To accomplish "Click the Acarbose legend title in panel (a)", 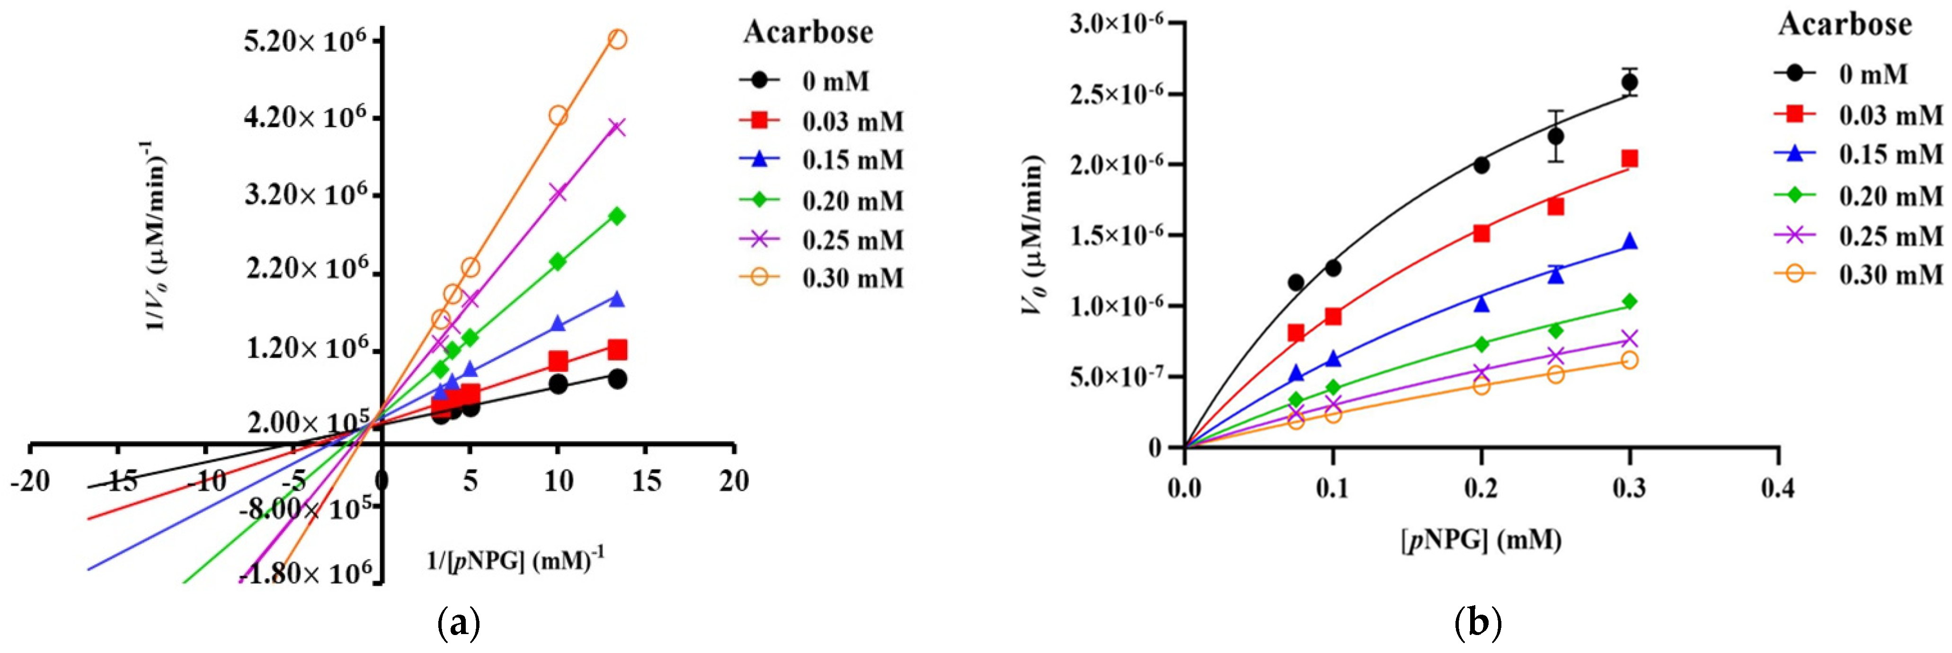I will (808, 33).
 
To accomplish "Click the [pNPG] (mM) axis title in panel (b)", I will (1481, 540).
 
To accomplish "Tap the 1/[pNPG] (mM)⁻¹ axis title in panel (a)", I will (516, 561).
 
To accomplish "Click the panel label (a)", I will (459, 624).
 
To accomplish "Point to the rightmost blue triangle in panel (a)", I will (617, 299).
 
